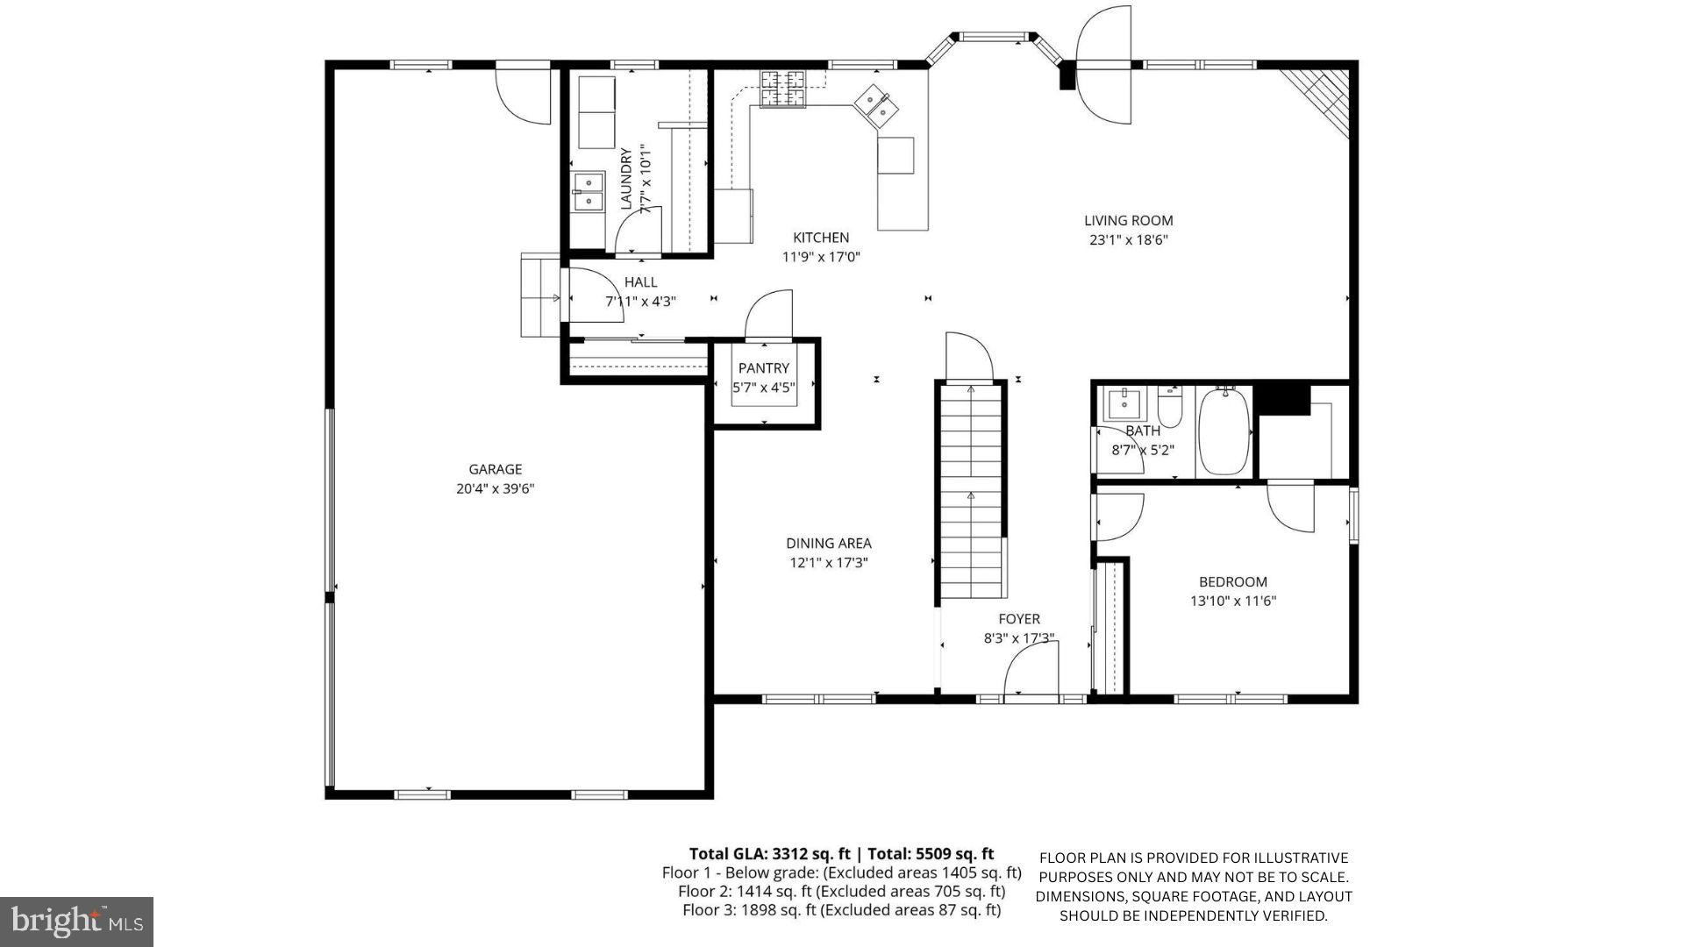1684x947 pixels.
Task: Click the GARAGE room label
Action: pyautogui.click(x=495, y=469)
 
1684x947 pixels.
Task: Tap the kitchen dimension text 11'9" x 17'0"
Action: pyautogui.click(x=821, y=257)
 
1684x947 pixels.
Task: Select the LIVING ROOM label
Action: pyautogui.click(x=1128, y=221)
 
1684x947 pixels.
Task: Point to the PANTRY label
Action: pyautogui.click(x=763, y=368)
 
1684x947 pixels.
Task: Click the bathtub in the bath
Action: pyautogui.click(x=1224, y=431)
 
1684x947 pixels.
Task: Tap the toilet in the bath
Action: pyautogui.click(x=1169, y=407)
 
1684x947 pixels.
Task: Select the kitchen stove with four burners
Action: pyautogui.click(x=782, y=88)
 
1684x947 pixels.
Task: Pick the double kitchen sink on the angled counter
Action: pyautogui.click(x=877, y=106)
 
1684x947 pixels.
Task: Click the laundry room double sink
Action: pyautogui.click(x=588, y=192)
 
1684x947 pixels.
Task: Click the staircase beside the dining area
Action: pyautogui.click(x=970, y=491)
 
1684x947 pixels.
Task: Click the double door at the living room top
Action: pyautogui.click(x=1104, y=64)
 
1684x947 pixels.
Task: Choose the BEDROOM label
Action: pyautogui.click(x=1232, y=582)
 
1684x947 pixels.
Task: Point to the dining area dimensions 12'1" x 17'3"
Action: pyautogui.click(x=828, y=563)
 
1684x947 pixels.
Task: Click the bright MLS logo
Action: pyautogui.click(x=77, y=922)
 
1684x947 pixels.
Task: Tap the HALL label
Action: pyautogui.click(x=640, y=282)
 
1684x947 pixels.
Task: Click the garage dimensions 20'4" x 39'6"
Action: pyautogui.click(x=495, y=489)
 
